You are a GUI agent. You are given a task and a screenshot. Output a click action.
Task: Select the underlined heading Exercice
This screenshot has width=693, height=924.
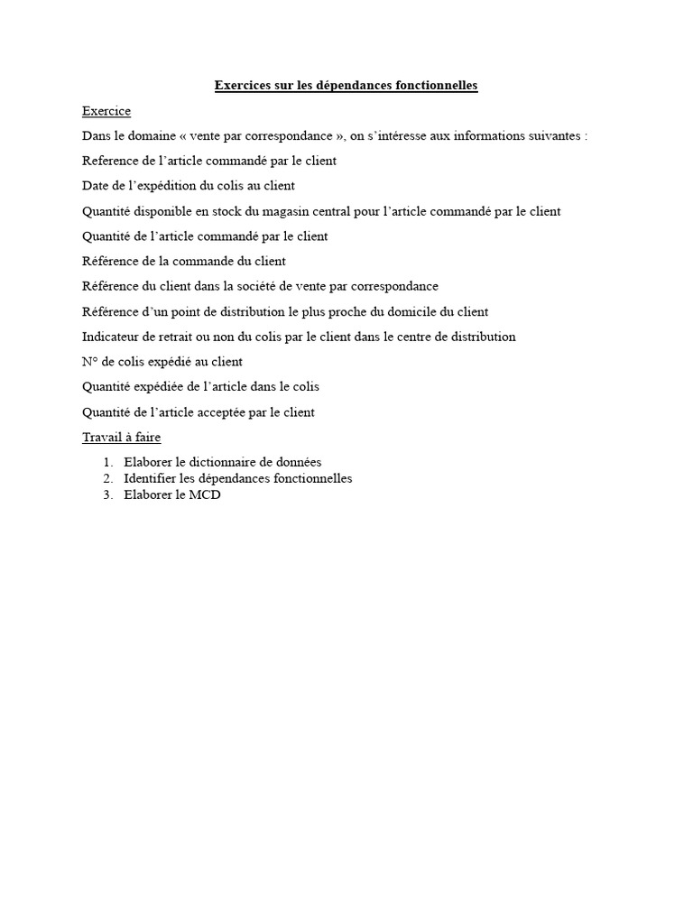(x=106, y=111)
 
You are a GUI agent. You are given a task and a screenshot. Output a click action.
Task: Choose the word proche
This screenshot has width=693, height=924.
(x=342, y=311)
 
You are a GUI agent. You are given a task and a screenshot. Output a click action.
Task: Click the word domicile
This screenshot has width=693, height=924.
(x=402, y=311)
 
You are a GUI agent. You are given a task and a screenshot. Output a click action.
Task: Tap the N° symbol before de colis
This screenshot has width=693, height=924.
(x=89, y=362)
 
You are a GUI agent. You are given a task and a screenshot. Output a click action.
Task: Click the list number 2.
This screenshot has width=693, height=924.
(x=107, y=478)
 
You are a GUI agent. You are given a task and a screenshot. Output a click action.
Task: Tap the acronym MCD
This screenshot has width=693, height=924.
(x=204, y=495)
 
